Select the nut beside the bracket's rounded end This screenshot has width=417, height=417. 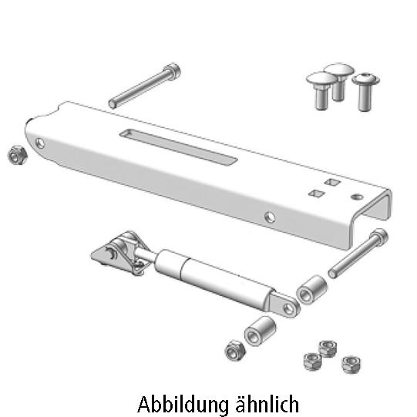tap(17, 155)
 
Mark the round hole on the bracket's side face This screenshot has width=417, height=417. tap(269, 217)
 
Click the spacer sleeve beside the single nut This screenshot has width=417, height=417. tap(261, 331)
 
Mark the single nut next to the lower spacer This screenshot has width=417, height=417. tap(234, 351)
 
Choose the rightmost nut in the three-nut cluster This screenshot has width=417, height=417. tap(351, 362)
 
